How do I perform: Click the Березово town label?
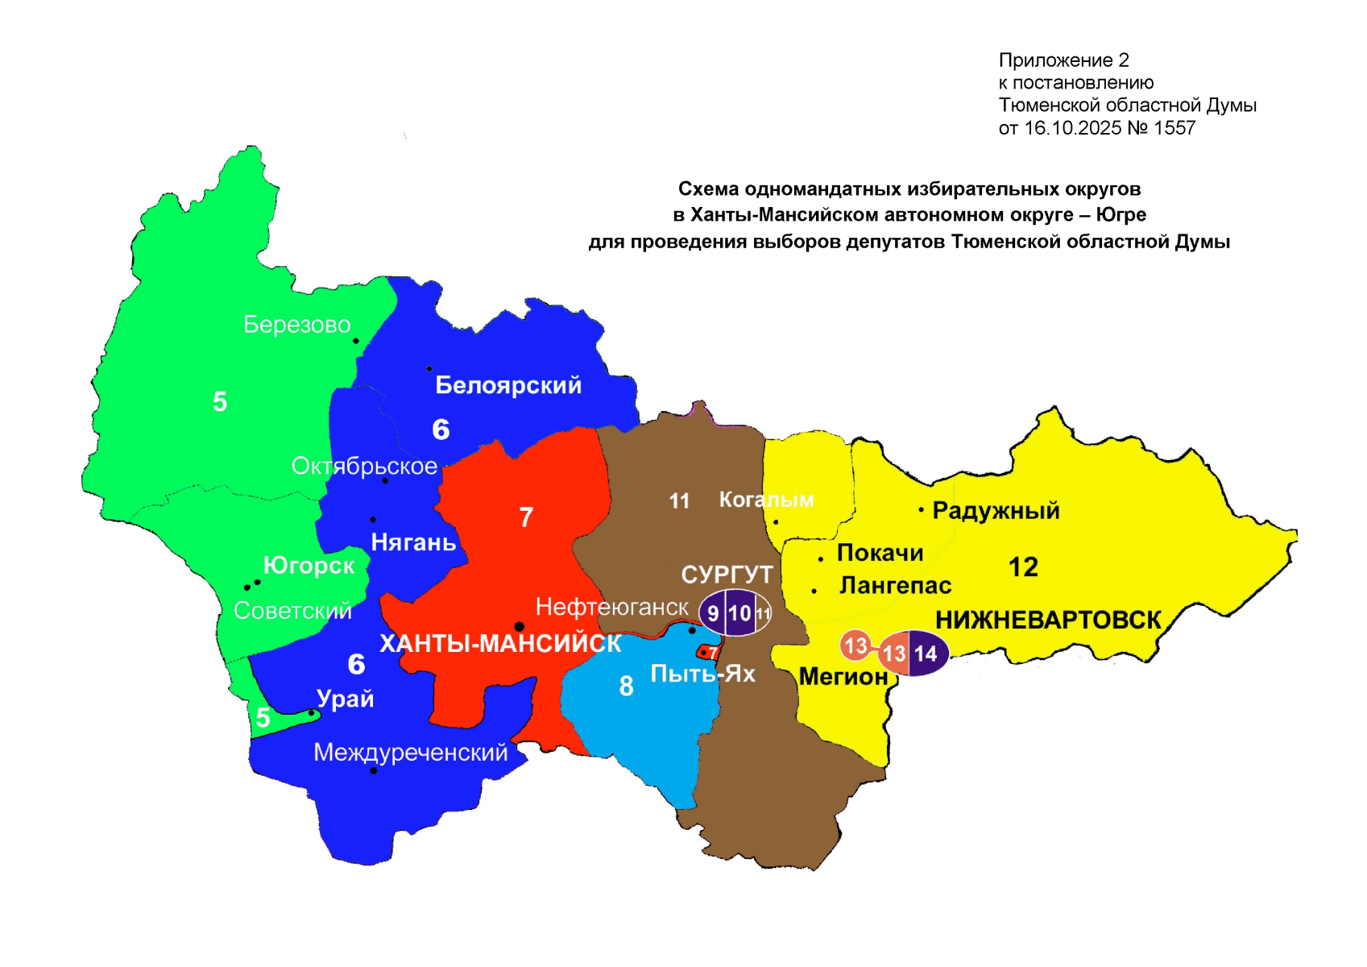[296, 325]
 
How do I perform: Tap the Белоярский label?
[507, 385]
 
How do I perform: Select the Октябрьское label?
[364, 467]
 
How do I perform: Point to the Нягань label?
[413, 542]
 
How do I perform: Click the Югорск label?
[309, 566]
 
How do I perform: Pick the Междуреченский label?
[411, 753]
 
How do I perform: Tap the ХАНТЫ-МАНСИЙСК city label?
[500, 644]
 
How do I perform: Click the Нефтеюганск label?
[612, 607]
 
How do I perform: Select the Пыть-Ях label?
[702, 674]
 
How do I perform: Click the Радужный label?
[996, 511]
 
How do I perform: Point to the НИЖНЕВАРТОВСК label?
[1048, 620]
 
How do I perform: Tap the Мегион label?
[843, 677]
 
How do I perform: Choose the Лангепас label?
[895, 586]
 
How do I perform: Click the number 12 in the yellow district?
[1023, 567]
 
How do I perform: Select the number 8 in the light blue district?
[626, 687]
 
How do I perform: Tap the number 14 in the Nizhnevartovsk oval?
[926, 654]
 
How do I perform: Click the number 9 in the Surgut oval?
[713, 614]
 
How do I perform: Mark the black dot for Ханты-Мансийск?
[520, 627]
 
